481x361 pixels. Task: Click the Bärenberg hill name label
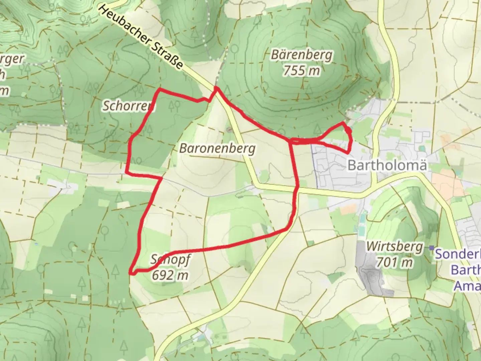(x=301, y=55)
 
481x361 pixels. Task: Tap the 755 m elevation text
(x=301, y=71)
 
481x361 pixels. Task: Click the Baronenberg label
(x=217, y=148)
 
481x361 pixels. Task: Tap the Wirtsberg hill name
(x=394, y=247)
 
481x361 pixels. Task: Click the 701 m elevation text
(x=394, y=262)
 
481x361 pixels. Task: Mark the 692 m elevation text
(x=170, y=275)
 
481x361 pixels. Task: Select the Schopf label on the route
(x=170, y=260)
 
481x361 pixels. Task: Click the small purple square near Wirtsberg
(x=432, y=248)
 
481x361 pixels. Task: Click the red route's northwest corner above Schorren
(x=160, y=90)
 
